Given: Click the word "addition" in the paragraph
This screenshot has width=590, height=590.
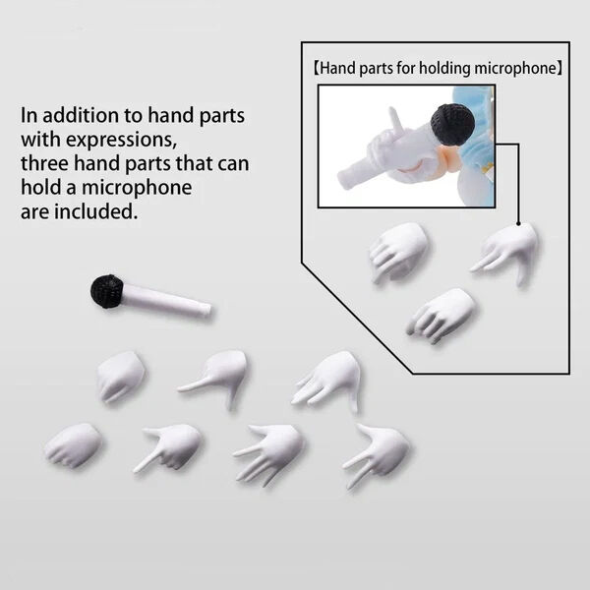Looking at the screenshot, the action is click(81, 115).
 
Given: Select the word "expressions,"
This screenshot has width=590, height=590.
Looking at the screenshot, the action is click(121, 141).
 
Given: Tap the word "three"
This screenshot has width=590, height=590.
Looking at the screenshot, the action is click(45, 163).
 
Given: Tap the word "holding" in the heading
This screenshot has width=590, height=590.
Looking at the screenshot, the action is click(444, 69).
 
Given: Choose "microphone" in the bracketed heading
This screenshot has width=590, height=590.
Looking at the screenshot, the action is click(514, 69).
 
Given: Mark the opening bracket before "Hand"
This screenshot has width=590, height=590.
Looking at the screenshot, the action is click(317, 69).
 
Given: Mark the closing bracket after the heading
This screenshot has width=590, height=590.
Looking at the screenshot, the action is click(560, 69).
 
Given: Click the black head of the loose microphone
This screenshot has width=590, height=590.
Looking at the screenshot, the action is click(107, 291).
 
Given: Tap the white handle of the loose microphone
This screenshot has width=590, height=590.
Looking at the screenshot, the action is click(166, 300).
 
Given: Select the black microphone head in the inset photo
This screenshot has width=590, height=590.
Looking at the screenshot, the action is click(452, 124).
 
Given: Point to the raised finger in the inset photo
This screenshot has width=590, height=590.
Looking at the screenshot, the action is click(396, 120).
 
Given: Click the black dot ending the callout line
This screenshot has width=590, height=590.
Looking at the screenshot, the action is click(518, 224).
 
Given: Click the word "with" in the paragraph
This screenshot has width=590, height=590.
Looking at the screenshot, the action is click(41, 140).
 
